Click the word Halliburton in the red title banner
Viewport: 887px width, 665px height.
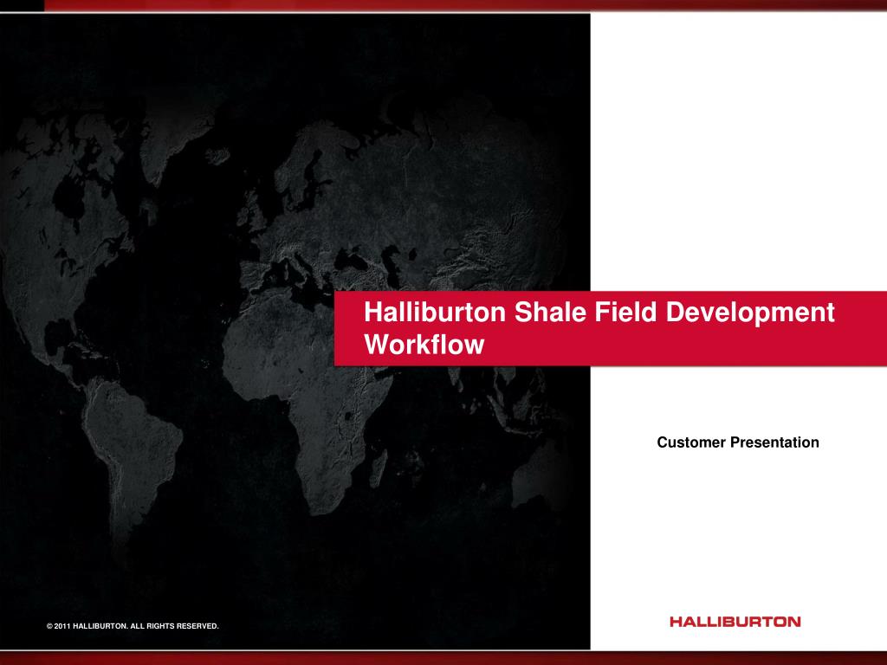coord(435,312)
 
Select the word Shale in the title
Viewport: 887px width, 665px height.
coord(549,312)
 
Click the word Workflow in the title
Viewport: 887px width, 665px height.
coord(424,345)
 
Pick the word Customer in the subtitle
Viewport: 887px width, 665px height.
coord(691,442)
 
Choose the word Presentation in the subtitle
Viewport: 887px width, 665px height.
coord(774,442)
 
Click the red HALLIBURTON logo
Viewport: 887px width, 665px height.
coord(735,622)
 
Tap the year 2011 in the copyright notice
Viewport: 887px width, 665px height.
coord(62,626)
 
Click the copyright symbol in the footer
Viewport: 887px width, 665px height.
coord(49,626)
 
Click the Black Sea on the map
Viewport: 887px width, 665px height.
coord(352,261)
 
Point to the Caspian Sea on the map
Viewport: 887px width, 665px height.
coord(392,265)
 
